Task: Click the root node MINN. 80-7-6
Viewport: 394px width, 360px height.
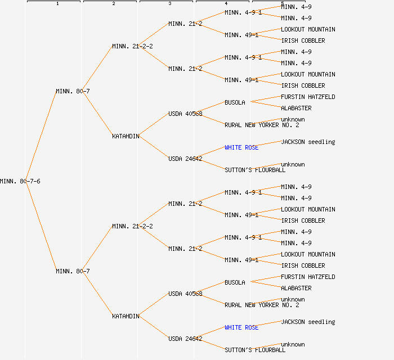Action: pyautogui.click(x=20, y=181)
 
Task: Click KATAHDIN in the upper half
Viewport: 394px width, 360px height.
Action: pyautogui.click(x=126, y=136)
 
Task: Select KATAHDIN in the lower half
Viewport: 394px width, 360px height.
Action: pyautogui.click(x=126, y=316)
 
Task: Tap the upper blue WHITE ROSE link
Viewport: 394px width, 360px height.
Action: pyautogui.click(x=241, y=147)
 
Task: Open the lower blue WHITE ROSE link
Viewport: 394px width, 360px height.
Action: pyautogui.click(x=241, y=327)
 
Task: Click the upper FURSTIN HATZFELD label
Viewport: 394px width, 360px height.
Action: pyautogui.click(x=308, y=97)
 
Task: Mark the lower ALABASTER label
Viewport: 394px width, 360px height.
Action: pyautogui.click(x=296, y=288)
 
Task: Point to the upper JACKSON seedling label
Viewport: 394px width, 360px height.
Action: pyautogui.click(x=308, y=142)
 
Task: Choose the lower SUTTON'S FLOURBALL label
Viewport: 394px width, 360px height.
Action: pyautogui.click(x=255, y=350)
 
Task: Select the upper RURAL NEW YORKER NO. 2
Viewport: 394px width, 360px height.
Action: pyautogui.click(x=262, y=125)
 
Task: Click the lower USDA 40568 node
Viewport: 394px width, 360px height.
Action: pyautogui.click(x=185, y=294)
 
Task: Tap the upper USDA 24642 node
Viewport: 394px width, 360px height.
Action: pyautogui.click(x=185, y=159)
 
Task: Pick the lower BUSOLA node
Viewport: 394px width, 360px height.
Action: pyautogui.click(x=235, y=282)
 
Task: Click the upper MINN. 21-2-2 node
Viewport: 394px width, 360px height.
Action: pyautogui.click(x=132, y=46)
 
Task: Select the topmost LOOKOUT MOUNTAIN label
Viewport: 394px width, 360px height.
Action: pyautogui.click(x=308, y=29)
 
